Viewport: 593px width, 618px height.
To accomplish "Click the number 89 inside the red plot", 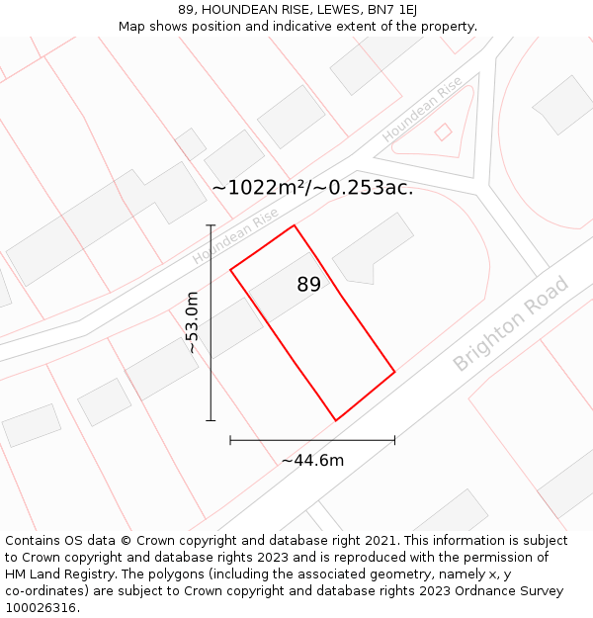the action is coord(308,285).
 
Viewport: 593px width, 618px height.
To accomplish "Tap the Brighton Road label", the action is coord(511,324).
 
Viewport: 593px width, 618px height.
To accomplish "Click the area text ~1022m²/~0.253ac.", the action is coord(312,188).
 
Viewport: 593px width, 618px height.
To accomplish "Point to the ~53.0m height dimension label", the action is coord(193,322).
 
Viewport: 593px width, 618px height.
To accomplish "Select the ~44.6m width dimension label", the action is coord(312,460).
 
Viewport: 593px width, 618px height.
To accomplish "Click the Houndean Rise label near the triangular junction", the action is coord(422,109).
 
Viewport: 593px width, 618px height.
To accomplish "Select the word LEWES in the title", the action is coord(315,9).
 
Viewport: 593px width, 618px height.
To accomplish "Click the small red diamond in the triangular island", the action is coord(444,131).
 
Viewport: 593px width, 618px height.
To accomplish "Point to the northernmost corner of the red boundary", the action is coord(295,225).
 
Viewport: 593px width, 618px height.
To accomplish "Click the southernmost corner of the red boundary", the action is coord(336,420).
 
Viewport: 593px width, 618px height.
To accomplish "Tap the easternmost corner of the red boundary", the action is coord(394,372).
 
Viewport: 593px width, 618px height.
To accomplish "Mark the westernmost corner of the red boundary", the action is coord(230,269).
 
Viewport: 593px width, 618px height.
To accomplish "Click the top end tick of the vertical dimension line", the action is coord(211,225).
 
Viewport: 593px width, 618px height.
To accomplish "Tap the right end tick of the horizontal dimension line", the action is coord(394,439).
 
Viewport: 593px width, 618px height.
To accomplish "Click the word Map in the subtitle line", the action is coord(133,26).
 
